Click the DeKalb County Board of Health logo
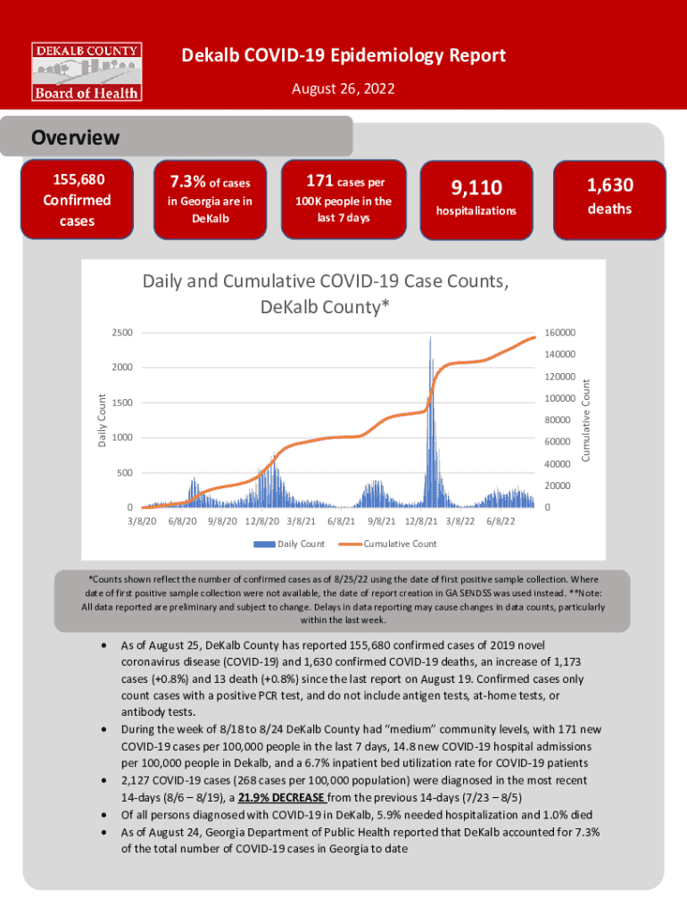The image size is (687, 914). (87, 71)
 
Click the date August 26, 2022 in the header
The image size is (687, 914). (343, 89)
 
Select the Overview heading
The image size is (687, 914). (75, 137)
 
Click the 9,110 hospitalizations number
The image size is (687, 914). (476, 187)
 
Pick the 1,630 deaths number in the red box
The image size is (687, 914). (609, 186)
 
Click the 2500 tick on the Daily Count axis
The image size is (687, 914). (122, 333)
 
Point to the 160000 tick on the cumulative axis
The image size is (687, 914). (561, 333)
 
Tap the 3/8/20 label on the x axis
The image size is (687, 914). (142, 520)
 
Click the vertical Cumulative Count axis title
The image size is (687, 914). (586, 420)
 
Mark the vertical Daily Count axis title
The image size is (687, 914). (102, 421)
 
